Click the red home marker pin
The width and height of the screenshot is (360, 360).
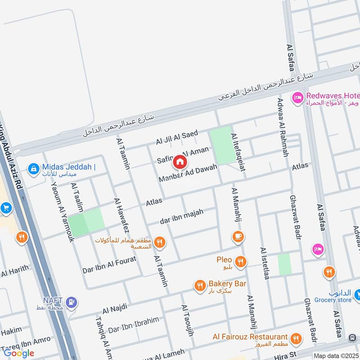(180, 162)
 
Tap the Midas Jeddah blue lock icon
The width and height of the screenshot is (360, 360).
(32, 169)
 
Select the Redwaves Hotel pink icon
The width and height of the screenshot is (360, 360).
(297, 97)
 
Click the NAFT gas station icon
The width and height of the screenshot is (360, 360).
(71, 302)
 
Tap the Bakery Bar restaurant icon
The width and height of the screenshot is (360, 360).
(200, 285)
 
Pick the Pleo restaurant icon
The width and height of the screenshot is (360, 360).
(241, 261)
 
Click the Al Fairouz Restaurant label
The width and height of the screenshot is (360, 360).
(250, 337)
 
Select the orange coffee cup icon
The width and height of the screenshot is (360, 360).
(238, 235)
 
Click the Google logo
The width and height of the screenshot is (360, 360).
(19, 352)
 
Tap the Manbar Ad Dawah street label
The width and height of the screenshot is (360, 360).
(188, 173)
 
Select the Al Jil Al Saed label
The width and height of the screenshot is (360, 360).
(177, 137)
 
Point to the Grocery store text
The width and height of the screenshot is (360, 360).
(333, 300)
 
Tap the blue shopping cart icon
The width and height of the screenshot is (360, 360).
(5, 208)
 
